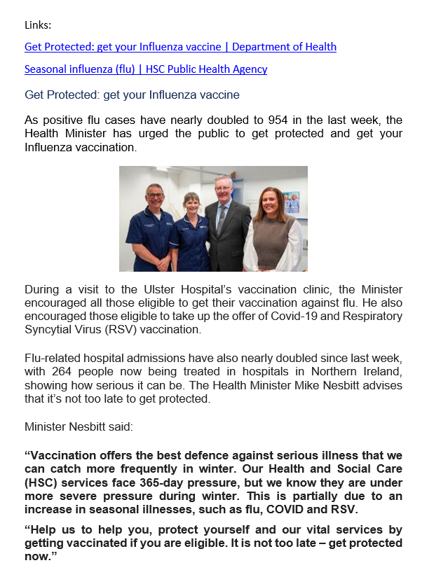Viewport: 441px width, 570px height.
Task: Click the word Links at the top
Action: [x=38, y=26]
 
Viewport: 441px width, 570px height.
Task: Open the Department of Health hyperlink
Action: [x=180, y=47]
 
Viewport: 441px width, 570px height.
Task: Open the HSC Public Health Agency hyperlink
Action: [x=145, y=69]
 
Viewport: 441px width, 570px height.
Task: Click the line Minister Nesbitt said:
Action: [x=74, y=426]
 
